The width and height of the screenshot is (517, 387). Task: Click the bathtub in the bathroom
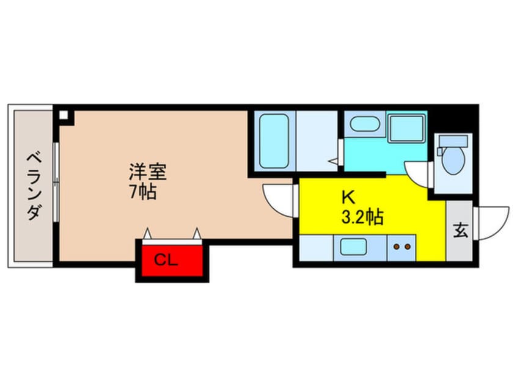[273, 141]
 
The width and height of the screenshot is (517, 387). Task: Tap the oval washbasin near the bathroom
[364, 125]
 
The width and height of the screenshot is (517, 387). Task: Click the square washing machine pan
[406, 128]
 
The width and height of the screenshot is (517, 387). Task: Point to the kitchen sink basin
[354, 247]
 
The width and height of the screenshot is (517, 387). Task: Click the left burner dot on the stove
[395, 247]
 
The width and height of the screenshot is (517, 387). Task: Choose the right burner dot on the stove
[406, 247]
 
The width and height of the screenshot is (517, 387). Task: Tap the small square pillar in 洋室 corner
[64, 114]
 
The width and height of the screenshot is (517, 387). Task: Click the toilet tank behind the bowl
[453, 142]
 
